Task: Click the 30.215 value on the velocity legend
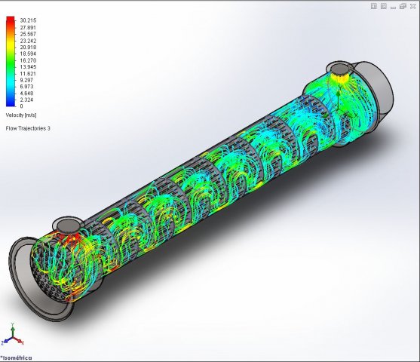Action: pyautogui.click(x=28, y=20)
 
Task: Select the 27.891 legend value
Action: pyautogui.click(x=28, y=27)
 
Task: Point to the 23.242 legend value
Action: pyautogui.click(x=28, y=41)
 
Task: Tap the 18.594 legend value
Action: pyautogui.click(x=28, y=54)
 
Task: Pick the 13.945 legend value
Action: pyautogui.click(x=28, y=66)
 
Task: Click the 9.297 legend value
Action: pyautogui.click(x=27, y=80)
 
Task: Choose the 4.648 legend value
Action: pyautogui.click(x=27, y=93)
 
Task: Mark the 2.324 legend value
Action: pyautogui.click(x=27, y=100)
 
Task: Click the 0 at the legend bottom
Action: pyautogui.click(x=21, y=106)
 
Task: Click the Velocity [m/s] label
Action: pyautogui.click(x=21, y=115)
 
